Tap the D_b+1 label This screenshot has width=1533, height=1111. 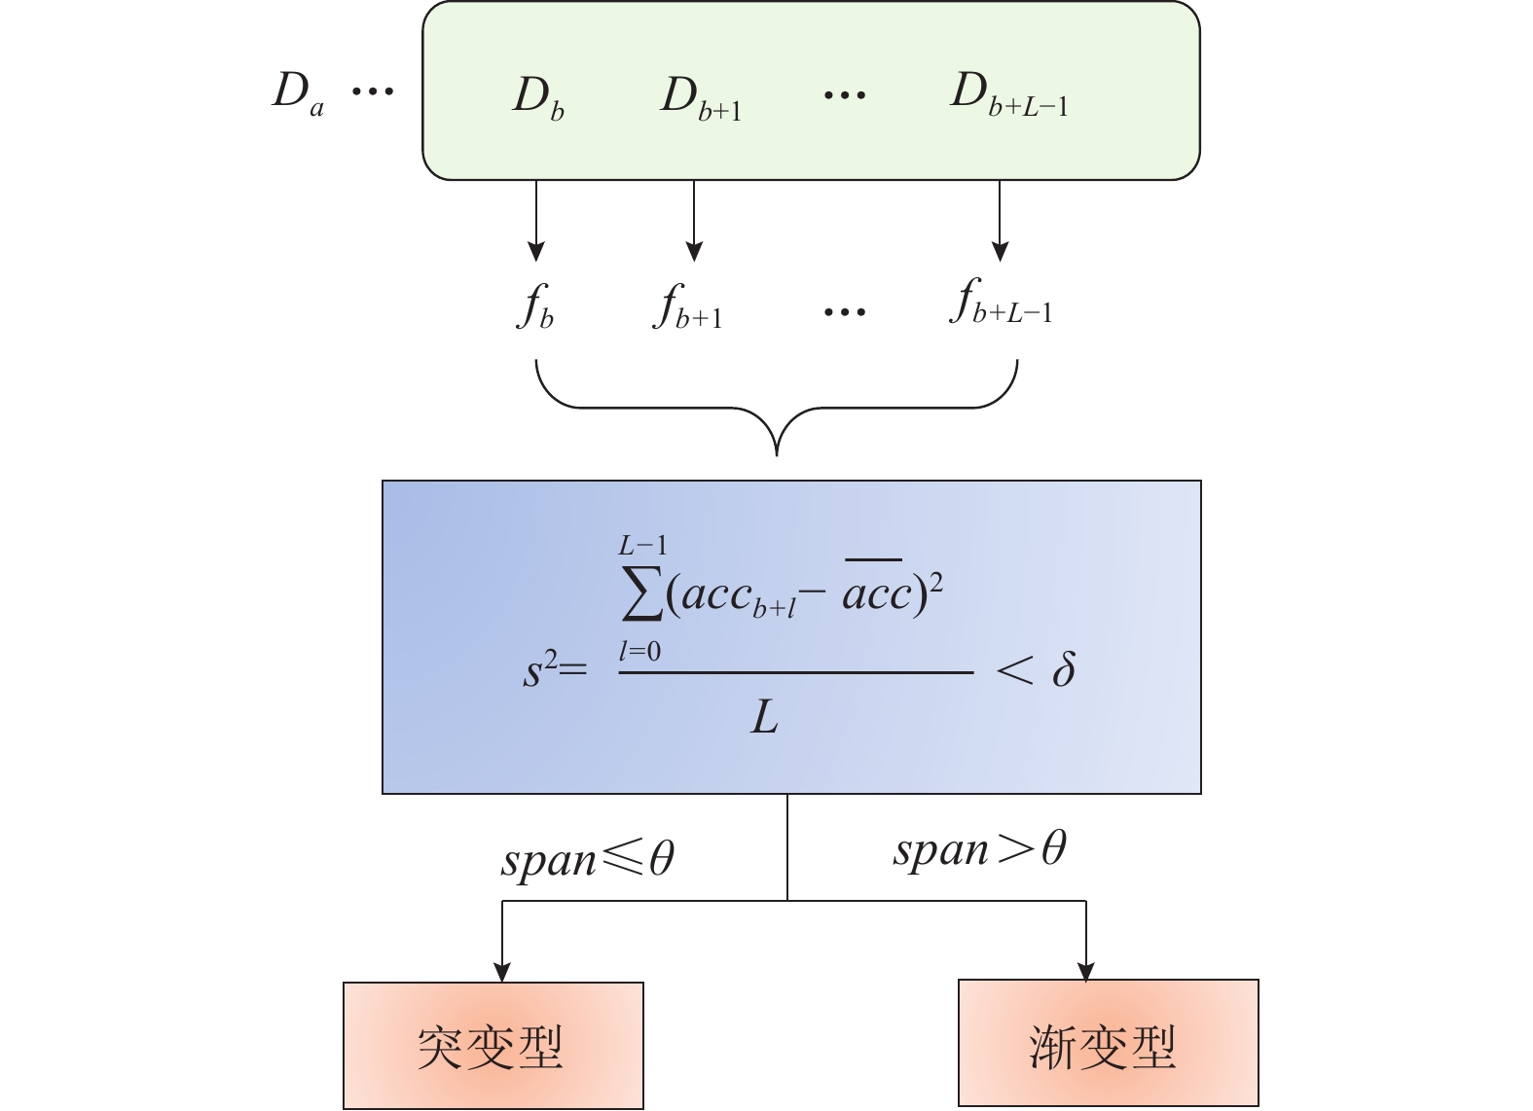tap(700, 98)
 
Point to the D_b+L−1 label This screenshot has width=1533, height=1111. tap(1008, 95)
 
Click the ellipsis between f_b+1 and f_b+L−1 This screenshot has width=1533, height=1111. tap(844, 312)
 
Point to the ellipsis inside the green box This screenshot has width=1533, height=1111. tap(844, 95)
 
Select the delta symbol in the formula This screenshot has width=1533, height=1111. tap(1064, 669)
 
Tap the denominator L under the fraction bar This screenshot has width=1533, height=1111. tap(765, 719)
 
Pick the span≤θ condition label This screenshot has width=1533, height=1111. tap(588, 859)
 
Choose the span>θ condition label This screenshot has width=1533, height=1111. tap(979, 849)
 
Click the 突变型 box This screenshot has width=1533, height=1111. tap(493, 1046)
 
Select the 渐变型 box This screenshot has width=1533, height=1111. tap(1108, 1044)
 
